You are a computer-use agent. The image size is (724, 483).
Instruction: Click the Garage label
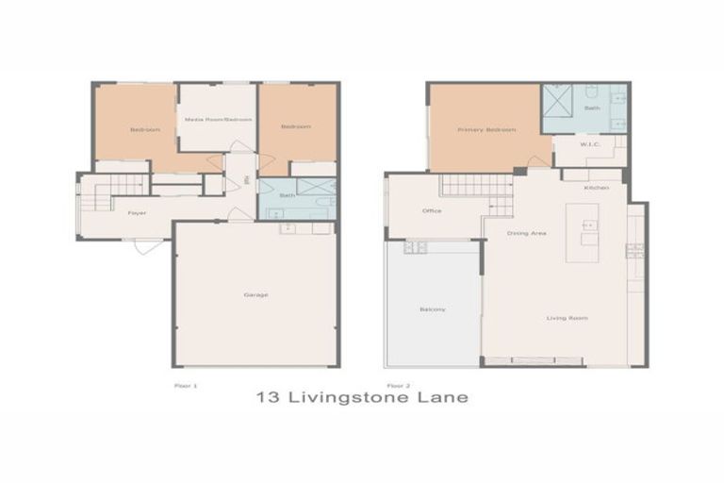[255, 295]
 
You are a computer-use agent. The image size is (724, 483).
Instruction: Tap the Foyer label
[137, 213]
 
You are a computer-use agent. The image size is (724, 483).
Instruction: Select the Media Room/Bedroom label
[218, 120]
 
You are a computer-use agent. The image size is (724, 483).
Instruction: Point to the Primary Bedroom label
[486, 129]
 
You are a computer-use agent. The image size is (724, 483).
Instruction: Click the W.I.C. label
[590, 145]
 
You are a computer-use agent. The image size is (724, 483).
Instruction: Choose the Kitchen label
[596, 188]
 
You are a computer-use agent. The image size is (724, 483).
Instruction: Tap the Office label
[432, 210]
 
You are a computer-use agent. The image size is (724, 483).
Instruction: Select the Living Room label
[567, 318]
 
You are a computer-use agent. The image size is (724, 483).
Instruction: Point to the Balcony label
[432, 309]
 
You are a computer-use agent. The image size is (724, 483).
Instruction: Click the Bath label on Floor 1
[287, 195]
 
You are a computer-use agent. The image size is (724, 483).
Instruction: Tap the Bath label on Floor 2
[592, 108]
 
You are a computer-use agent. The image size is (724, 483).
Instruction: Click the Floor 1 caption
[186, 386]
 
